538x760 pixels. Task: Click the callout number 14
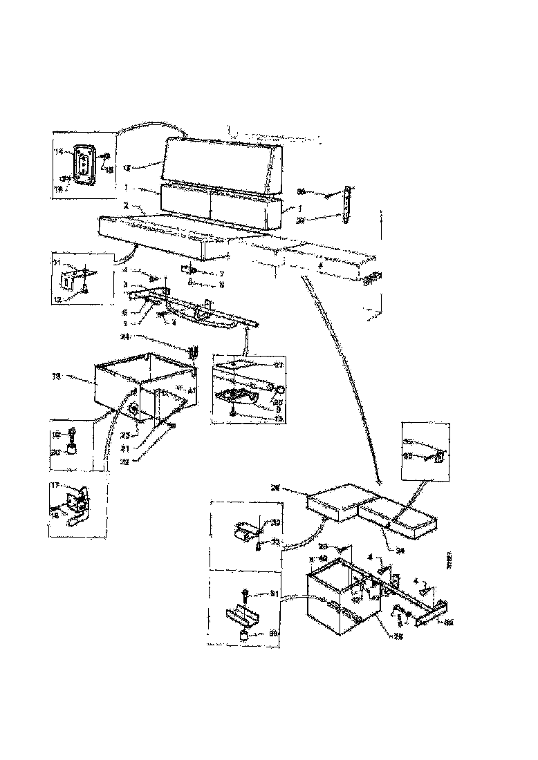(59, 151)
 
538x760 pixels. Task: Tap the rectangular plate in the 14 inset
(84, 166)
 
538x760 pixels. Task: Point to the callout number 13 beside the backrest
(127, 167)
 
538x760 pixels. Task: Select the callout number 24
(124, 338)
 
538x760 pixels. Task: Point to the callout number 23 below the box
(125, 435)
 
